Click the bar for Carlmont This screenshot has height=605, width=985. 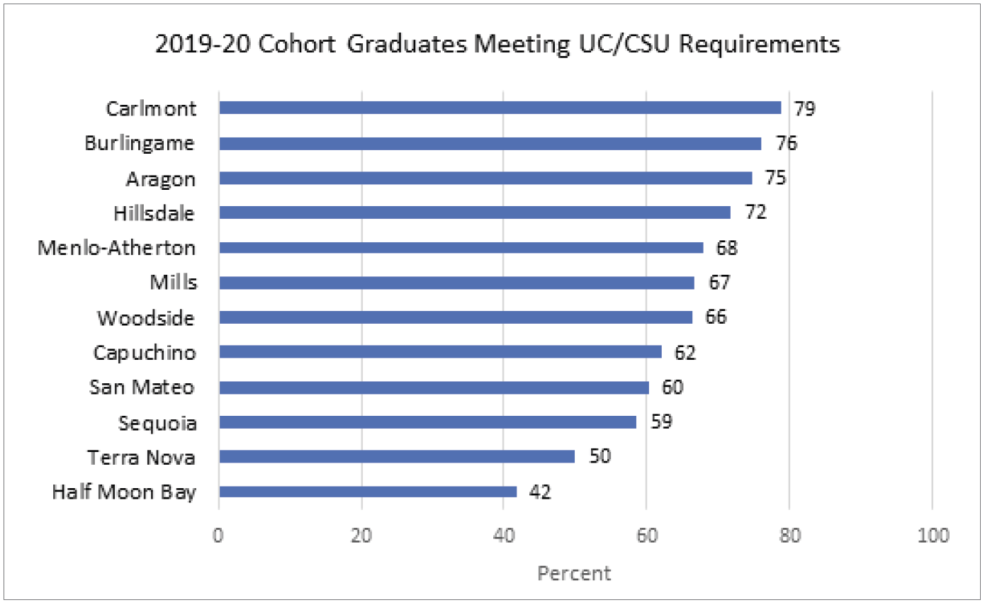click(x=500, y=108)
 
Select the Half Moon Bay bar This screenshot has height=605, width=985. click(x=368, y=492)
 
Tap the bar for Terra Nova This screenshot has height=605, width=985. click(x=397, y=457)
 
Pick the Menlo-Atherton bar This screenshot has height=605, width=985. click(x=461, y=247)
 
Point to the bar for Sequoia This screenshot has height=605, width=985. click(x=427, y=422)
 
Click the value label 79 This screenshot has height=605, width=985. click(x=805, y=108)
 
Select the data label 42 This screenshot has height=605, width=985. click(x=540, y=492)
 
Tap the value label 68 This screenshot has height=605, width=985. click(x=727, y=248)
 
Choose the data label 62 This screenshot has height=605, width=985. click(x=685, y=353)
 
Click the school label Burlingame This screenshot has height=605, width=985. click(x=140, y=144)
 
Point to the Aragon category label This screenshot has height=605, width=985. click(x=160, y=179)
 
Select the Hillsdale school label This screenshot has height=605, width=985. click(x=154, y=214)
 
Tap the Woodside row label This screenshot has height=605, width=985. click(x=145, y=318)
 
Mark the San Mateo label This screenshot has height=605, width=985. click(x=142, y=388)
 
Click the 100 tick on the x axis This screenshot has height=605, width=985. click(x=933, y=536)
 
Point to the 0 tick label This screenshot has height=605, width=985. click(x=218, y=536)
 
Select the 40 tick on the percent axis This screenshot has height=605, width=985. click(x=504, y=536)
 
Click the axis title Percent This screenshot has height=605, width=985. click(x=574, y=573)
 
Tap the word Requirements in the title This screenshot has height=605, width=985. click(x=759, y=45)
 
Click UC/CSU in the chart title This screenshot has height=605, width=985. click(x=624, y=45)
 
